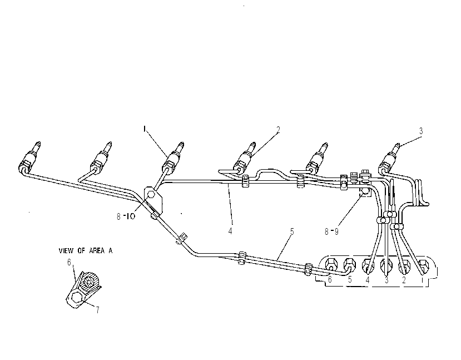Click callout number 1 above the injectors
click(145, 129)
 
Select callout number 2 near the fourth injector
click(278, 130)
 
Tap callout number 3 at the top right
click(421, 131)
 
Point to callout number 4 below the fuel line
click(230, 231)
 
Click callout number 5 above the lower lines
click(292, 232)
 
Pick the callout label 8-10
click(126, 216)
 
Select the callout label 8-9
click(331, 232)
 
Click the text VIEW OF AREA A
click(86, 251)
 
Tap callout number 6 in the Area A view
click(69, 262)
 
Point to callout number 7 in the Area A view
click(98, 310)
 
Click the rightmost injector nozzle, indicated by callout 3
click(390, 157)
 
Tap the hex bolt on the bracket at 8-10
click(151, 195)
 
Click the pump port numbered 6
click(331, 264)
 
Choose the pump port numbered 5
click(350, 264)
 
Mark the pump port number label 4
click(368, 280)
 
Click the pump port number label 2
click(404, 280)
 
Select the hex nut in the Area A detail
click(77, 298)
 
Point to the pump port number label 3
click(386, 280)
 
